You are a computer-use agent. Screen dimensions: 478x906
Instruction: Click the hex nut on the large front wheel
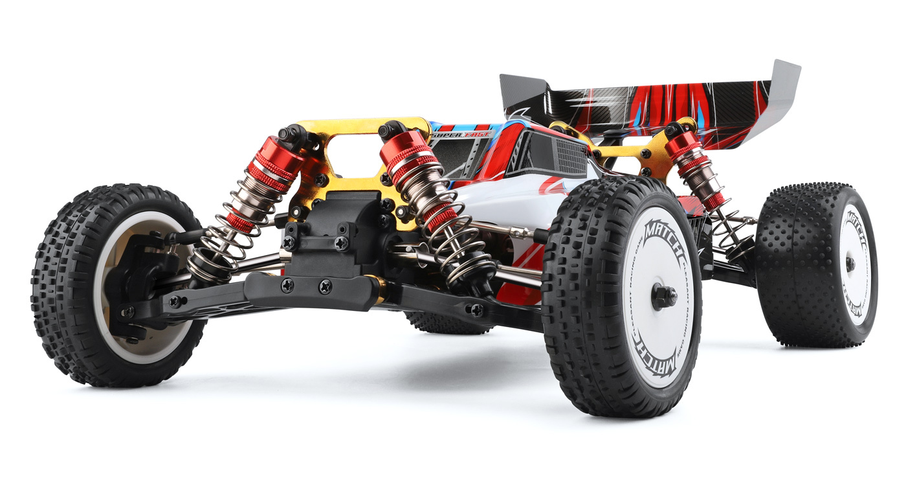point(664,297)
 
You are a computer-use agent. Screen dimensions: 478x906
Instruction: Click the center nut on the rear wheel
point(850,264)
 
